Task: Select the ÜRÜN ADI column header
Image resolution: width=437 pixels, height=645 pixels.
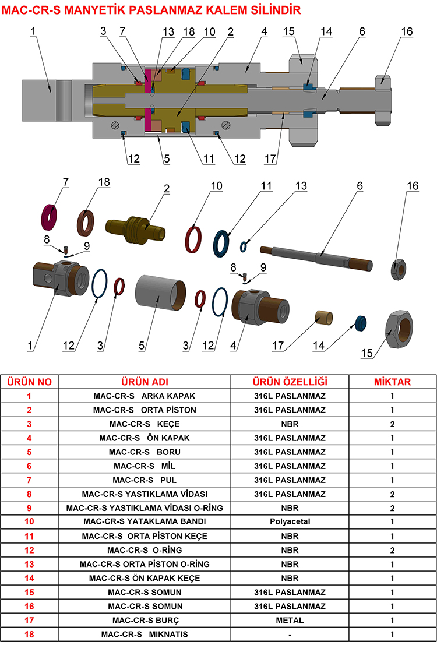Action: pos(145,382)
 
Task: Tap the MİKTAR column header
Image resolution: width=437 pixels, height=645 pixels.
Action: pos(392,382)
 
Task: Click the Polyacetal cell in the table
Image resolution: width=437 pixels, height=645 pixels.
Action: pos(290,522)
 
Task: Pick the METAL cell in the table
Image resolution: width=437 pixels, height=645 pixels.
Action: pos(290,620)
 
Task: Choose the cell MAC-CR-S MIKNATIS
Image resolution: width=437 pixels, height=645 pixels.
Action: pos(145,634)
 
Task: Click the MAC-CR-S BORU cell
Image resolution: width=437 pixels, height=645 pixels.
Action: pos(145,452)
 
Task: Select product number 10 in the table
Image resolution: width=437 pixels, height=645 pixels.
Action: pos(29,522)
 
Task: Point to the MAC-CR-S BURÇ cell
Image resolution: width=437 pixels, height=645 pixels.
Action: pos(145,620)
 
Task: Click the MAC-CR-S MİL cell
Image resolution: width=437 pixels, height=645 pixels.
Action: pos(145,466)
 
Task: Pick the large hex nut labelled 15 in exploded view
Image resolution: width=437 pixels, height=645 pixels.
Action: pos(399,330)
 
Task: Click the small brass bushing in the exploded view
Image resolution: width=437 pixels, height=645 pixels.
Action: pos(323,318)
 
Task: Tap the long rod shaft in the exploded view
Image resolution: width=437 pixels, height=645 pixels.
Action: pos(318,256)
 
